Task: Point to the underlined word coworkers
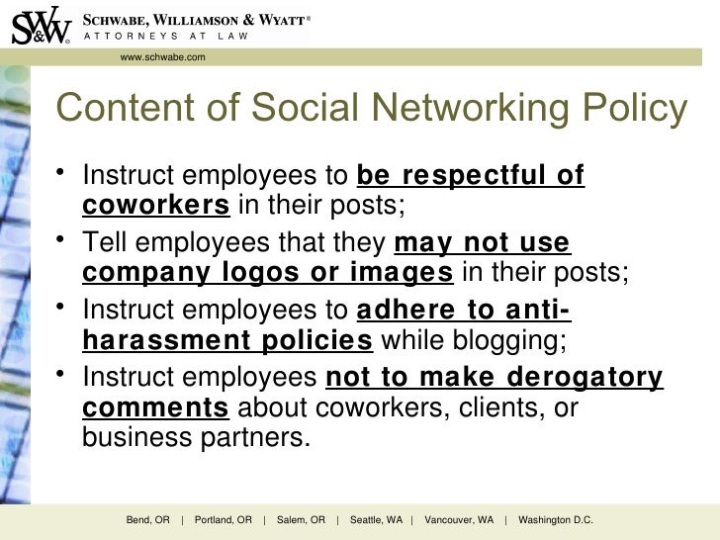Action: point(155,206)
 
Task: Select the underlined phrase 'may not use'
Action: point(482,242)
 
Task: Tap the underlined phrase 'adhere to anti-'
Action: point(463,311)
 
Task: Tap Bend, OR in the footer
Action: point(148,520)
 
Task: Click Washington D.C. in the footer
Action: point(555,520)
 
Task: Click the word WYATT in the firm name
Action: point(270,19)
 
